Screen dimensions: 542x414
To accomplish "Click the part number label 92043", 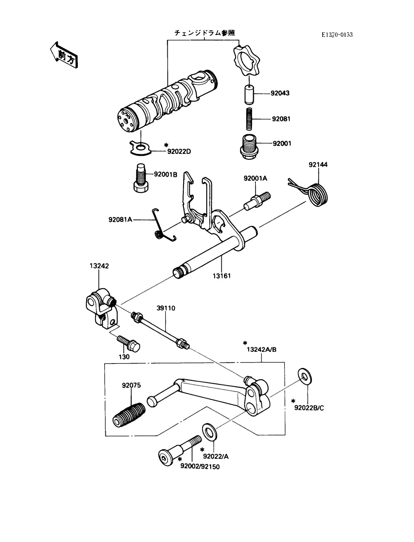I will point(280,93).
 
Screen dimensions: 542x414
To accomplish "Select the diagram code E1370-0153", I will point(337,35).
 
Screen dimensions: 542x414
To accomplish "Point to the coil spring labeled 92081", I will point(249,119).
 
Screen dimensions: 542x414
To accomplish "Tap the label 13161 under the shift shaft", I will point(221,276).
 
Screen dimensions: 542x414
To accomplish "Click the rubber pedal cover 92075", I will point(129,414).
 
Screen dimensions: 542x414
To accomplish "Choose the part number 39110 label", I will point(166,308).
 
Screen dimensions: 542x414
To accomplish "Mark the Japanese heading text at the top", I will point(204,33).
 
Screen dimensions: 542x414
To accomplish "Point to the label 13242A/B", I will point(261,350).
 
